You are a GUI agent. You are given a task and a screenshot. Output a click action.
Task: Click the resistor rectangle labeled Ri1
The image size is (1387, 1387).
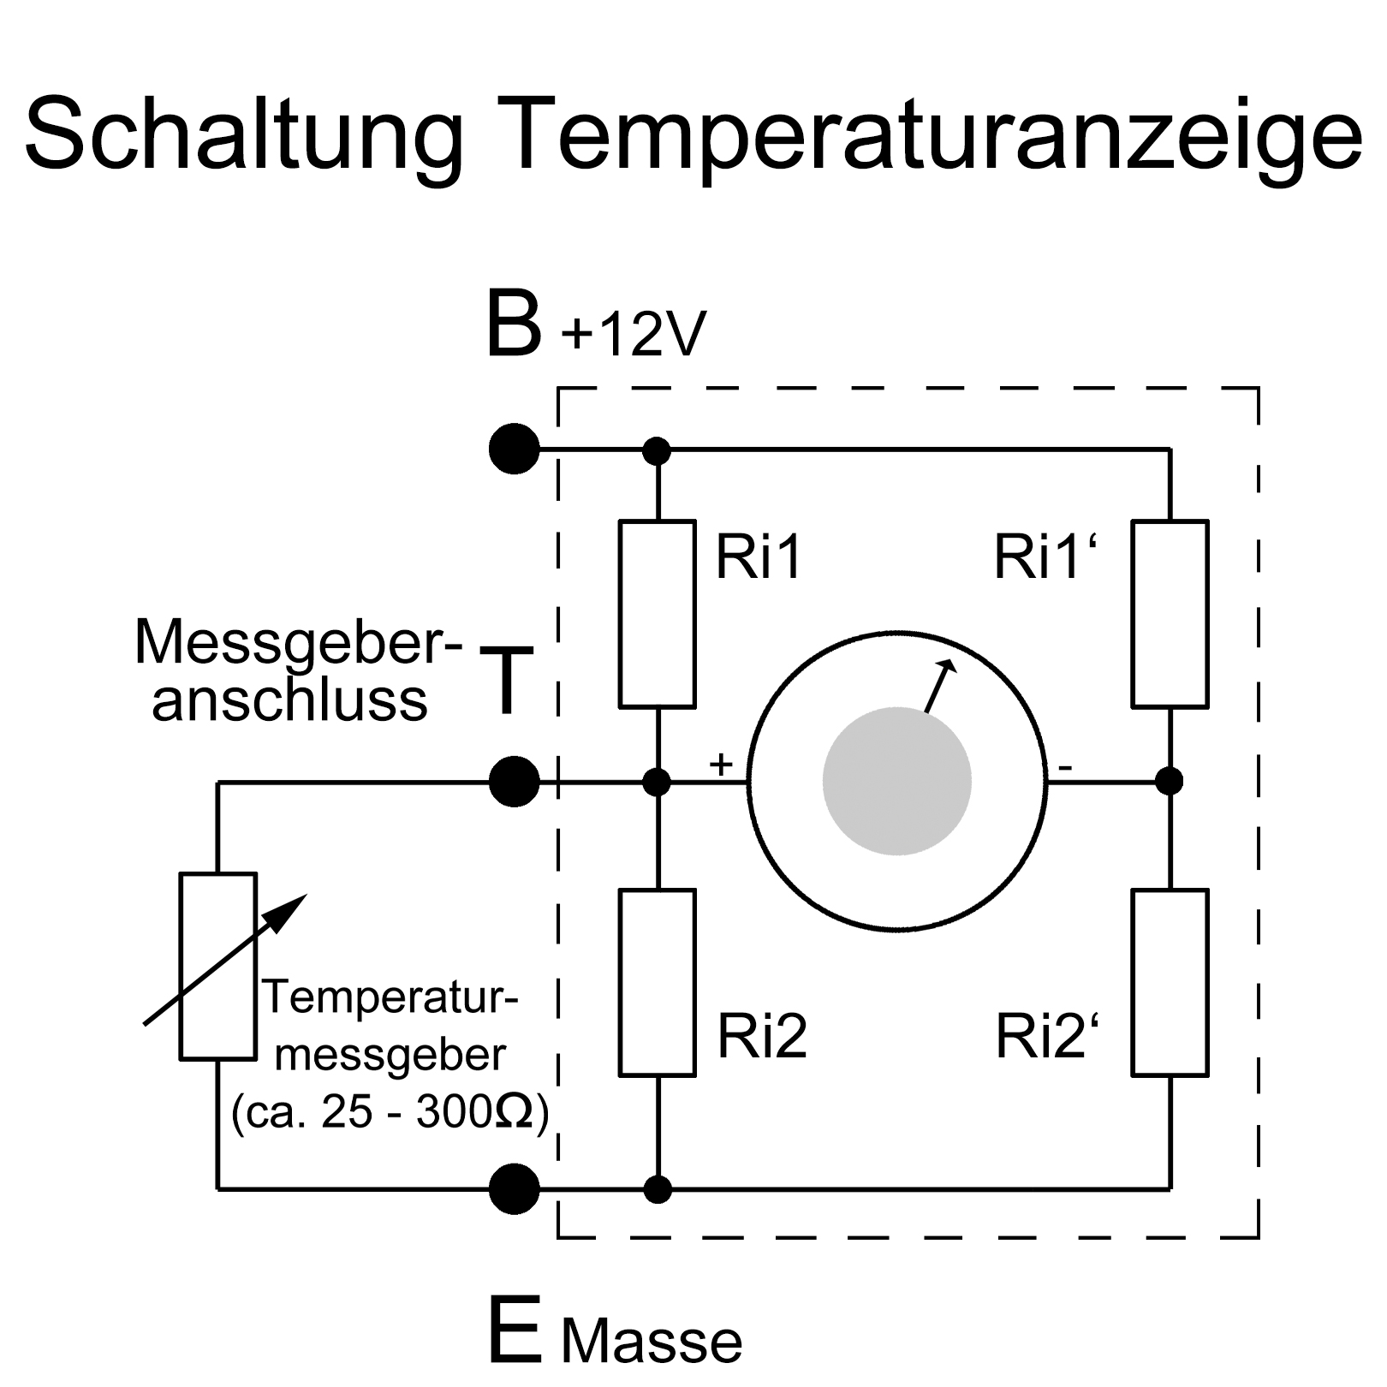pyautogui.click(x=657, y=613)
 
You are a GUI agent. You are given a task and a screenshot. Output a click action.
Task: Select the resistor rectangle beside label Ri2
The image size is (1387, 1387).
pyautogui.click(x=657, y=982)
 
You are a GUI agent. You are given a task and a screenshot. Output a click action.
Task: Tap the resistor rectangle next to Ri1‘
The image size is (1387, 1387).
pyautogui.click(x=1170, y=613)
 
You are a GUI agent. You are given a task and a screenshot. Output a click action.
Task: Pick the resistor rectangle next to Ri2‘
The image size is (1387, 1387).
pyautogui.click(x=1170, y=982)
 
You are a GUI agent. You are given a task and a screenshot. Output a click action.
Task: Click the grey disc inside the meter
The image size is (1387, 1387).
pyautogui.click(x=896, y=781)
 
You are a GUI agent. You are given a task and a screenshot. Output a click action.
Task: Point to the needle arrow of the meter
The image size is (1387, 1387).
pyautogui.click(x=939, y=686)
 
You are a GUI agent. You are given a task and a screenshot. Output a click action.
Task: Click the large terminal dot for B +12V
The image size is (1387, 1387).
pyautogui.click(x=514, y=449)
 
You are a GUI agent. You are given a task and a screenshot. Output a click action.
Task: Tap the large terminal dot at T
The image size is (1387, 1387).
pyautogui.click(x=514, y=781)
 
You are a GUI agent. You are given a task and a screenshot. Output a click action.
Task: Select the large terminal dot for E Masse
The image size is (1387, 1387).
pyautogui.click(x=514, y=1188)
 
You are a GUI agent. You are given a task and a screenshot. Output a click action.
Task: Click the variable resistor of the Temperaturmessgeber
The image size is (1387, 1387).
pyautogui.click(x=218, y=966)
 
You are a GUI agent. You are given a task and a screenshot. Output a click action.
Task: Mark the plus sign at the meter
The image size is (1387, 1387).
pyautogui.click(x=722, y=763)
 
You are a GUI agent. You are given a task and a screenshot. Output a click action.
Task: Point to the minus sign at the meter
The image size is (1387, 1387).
pyautogui.click(x=1064, y=768)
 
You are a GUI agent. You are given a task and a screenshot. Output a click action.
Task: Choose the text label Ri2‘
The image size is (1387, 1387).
pyautogui.click(x=1046, y=1036)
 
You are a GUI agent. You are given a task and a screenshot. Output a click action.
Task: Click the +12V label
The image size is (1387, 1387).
pyautogui.click(x=634, y=333)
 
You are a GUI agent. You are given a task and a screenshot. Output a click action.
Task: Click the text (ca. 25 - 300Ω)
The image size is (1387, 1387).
pyautogui.click(x=390, y=1113)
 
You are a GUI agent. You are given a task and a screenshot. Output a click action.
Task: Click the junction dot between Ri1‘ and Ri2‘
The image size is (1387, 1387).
pyautogui.click(x=1170, y=781)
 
